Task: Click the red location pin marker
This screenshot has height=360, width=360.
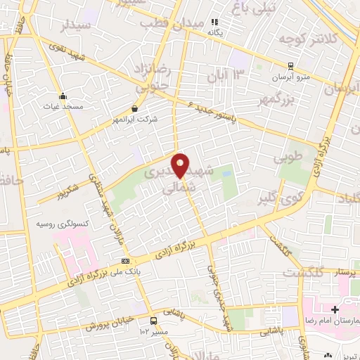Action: click(181, 164)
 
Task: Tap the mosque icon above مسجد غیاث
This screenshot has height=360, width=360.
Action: click(63, 96)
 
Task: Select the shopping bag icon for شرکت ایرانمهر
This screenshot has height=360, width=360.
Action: click(134, 108)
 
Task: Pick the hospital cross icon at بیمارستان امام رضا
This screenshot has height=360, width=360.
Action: click(335, 309)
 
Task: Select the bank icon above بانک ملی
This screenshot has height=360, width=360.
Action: click(126, 261)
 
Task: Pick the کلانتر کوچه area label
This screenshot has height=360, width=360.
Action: click(304, 39)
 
